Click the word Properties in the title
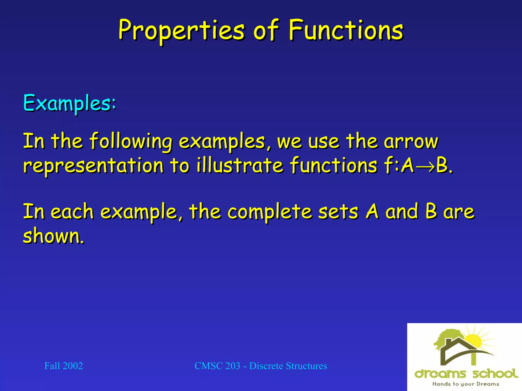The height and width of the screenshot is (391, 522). (x=181, y=31)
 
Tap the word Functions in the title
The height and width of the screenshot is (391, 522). (x=346, y=31)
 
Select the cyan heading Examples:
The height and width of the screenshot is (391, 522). (x=70, y=103)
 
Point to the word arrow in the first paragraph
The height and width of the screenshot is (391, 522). (x=411, y=142)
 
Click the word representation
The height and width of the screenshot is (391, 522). (x=93, y=165)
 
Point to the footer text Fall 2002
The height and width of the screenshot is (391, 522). (x=63, y=366)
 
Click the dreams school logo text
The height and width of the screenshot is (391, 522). (x=466, y=374)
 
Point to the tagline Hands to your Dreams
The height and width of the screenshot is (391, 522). (x=466, y=384)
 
